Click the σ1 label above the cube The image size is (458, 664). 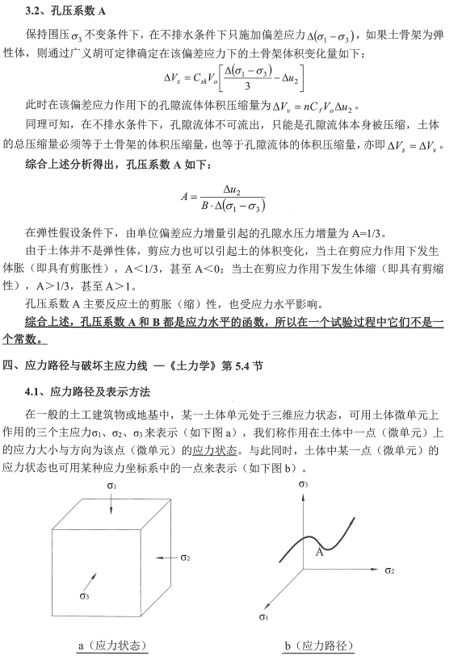click(x=112, y=486)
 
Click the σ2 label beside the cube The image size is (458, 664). click(x=185, y=557)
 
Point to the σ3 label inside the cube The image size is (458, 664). click(x=84, y=596)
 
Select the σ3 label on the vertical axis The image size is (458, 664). click(x=302, y=484)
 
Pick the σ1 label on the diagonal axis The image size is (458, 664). click(x=263, y=617)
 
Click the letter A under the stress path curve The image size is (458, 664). click(x=319, y=552)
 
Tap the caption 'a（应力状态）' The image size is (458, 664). click(x=112, y=645)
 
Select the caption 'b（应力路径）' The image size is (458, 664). click(x=318, y=645)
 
